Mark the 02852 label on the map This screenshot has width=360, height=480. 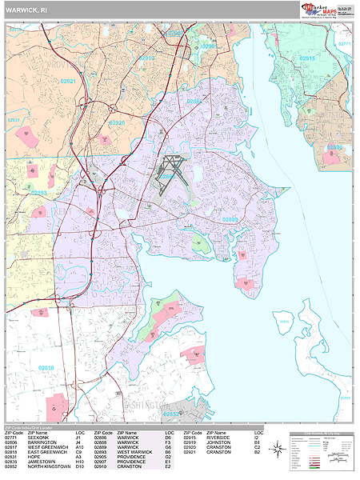pyautogui.click(x=172, y=414)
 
